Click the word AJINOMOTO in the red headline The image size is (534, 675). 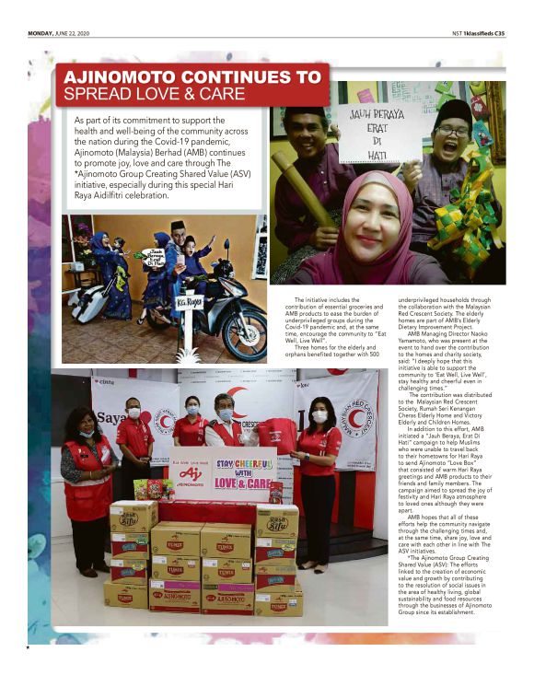pyautogui.click(x=119, y=77)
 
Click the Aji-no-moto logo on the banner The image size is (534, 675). pyautogui.click(x=191, y=475)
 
